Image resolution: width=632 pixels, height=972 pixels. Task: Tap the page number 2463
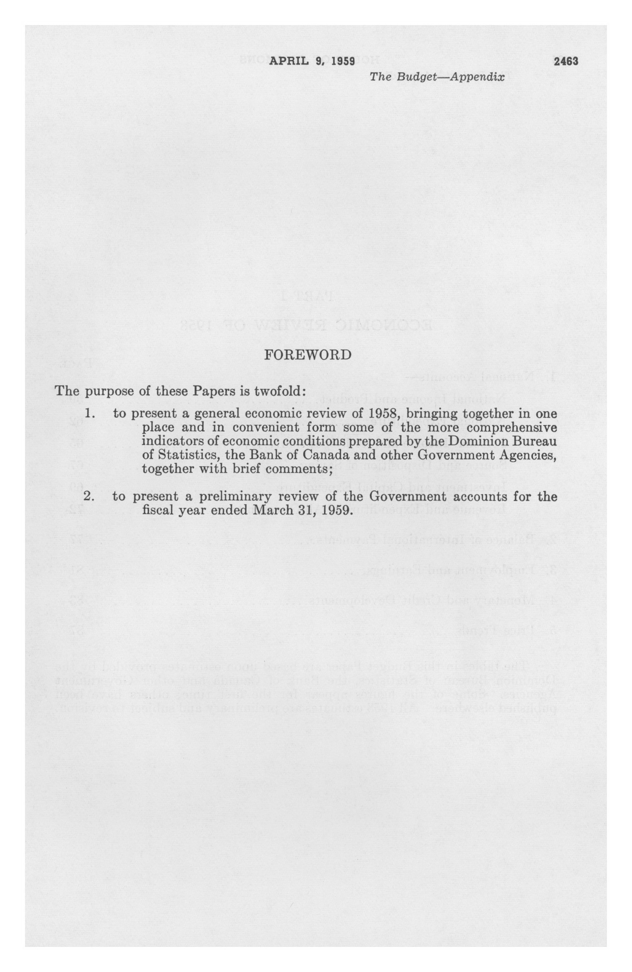coord(566,61)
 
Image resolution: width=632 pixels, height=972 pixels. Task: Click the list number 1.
coord(90,413)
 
